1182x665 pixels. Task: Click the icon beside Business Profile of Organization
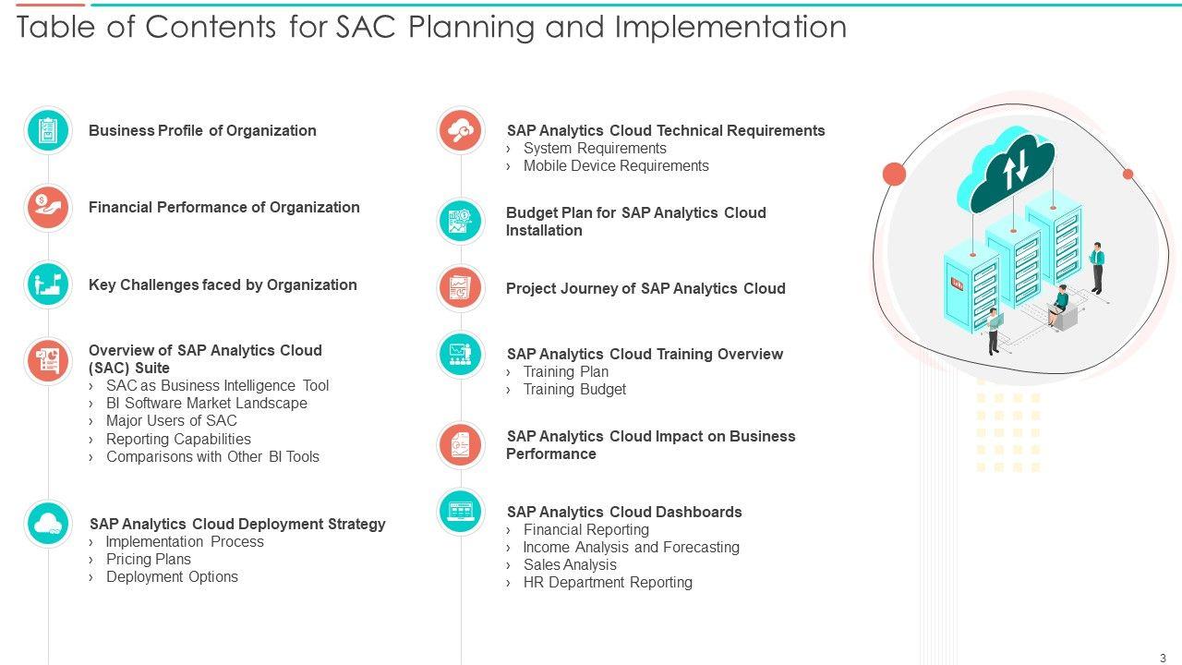click(x=48, y=130)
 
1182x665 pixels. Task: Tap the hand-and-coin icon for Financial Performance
click(x=48, y=208)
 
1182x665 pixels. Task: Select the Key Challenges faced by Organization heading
click(x=223, y=285)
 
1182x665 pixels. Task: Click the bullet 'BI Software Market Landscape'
click(x=206, y=404)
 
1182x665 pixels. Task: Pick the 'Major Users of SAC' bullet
click(x=172, y=420)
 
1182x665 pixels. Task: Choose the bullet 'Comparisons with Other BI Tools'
click(x=212, y=456)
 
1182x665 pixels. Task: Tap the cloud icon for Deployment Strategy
click(x=48, y=524)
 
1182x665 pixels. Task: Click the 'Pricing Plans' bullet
click(x=149, y=559)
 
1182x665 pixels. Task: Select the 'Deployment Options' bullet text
click(x=172, y=577)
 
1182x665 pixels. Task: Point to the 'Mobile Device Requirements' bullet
click(x=616, y=165)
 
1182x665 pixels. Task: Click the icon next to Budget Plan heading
click(x=461, y=221)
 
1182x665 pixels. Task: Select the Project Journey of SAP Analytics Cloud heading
click(x=645, y=289)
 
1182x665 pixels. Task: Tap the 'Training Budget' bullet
click(x=574, y=390)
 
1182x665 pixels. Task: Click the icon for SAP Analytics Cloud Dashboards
click(x=461, y=512)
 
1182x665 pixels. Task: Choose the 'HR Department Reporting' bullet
click(x=608, y=583)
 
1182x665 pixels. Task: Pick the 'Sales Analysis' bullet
click(x=570, y=564)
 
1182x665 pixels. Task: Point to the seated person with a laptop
click(x=1059, y=305)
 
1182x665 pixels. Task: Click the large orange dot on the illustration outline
click(x=895, y=175)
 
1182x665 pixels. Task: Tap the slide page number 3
click(x=1163, y=658)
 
